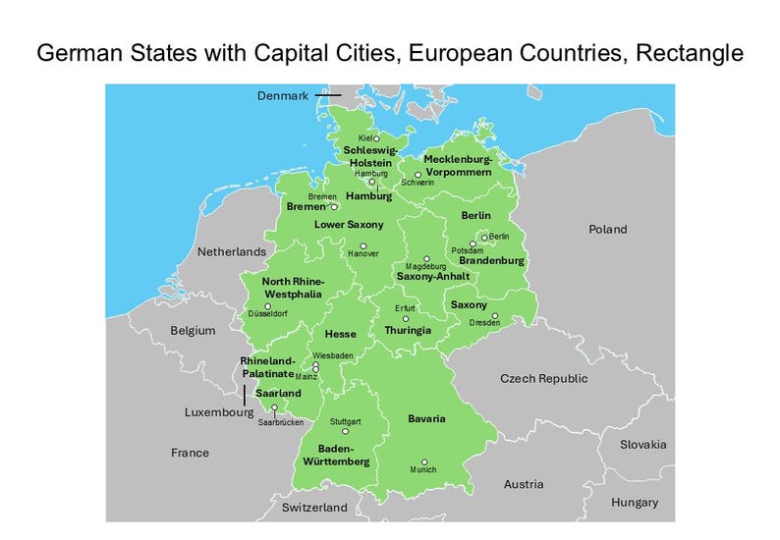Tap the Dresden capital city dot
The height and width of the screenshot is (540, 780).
click(x=495, y=316)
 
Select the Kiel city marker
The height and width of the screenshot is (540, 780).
click(x=376, y=138)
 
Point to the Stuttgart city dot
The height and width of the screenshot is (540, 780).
click(x=345, y=430)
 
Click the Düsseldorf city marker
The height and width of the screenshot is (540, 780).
click(x=268, y=306)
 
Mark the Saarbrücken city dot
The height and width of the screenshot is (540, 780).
click(x=275, y=407)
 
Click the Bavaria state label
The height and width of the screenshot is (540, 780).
click(x=426, y=419)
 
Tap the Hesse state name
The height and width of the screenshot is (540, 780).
click(x=340, y=334)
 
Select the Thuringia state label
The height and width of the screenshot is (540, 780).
click(x=408, y=331)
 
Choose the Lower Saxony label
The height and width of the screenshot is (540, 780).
click(x=349, y=225)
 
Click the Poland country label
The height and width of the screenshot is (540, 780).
click(x=607, y=229)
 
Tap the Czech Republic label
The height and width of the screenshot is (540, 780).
click(x=543, y=378)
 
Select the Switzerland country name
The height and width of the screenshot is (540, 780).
click(x=314, y=508)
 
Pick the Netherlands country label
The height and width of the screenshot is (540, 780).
click(x=232, y=252)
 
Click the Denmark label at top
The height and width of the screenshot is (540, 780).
click(x=283, y=95)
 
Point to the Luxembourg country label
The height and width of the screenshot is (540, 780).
click(x=219, y=413)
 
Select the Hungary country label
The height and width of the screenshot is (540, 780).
click(x=635, y=502)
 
